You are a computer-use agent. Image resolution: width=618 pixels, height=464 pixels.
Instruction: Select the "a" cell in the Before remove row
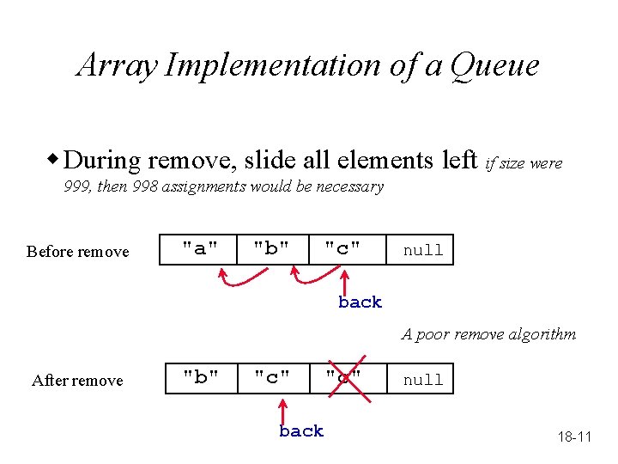point(198,249)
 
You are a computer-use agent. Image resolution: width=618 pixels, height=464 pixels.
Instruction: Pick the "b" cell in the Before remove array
point(270,249)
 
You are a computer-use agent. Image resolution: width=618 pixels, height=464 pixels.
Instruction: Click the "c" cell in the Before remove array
point(342,249)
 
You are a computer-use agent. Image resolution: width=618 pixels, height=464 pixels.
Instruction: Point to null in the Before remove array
point(423,250)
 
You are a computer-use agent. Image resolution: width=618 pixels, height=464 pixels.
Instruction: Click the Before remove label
point(77,252)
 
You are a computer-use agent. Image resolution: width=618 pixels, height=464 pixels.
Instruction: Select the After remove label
point(77,381)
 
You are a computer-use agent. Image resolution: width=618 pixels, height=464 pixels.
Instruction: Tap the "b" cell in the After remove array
point(201,378)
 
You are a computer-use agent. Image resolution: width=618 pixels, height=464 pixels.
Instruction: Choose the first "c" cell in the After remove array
point(271,378)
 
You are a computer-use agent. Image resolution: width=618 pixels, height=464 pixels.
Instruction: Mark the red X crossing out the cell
point(343,378)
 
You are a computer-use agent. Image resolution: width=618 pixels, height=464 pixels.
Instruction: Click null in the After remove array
point(423,379)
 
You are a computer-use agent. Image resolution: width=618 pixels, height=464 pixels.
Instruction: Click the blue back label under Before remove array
point(360,302)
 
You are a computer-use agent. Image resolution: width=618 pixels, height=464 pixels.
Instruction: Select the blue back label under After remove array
point(301,431)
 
